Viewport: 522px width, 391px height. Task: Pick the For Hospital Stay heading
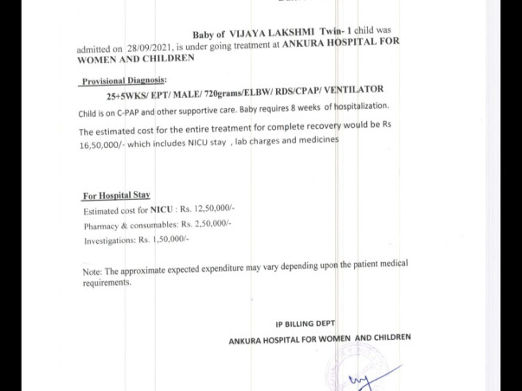(x=117, y=195)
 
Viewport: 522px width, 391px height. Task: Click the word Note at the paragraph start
(x=93, y=271)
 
